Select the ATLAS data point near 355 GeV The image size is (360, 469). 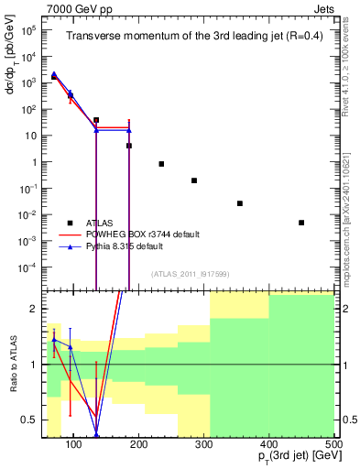[x=240, y=203]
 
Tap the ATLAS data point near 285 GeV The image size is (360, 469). [x=194, y=180]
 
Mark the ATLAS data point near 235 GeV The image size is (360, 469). [x=161, y=164]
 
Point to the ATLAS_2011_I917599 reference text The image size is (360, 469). [x=191, y=275]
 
